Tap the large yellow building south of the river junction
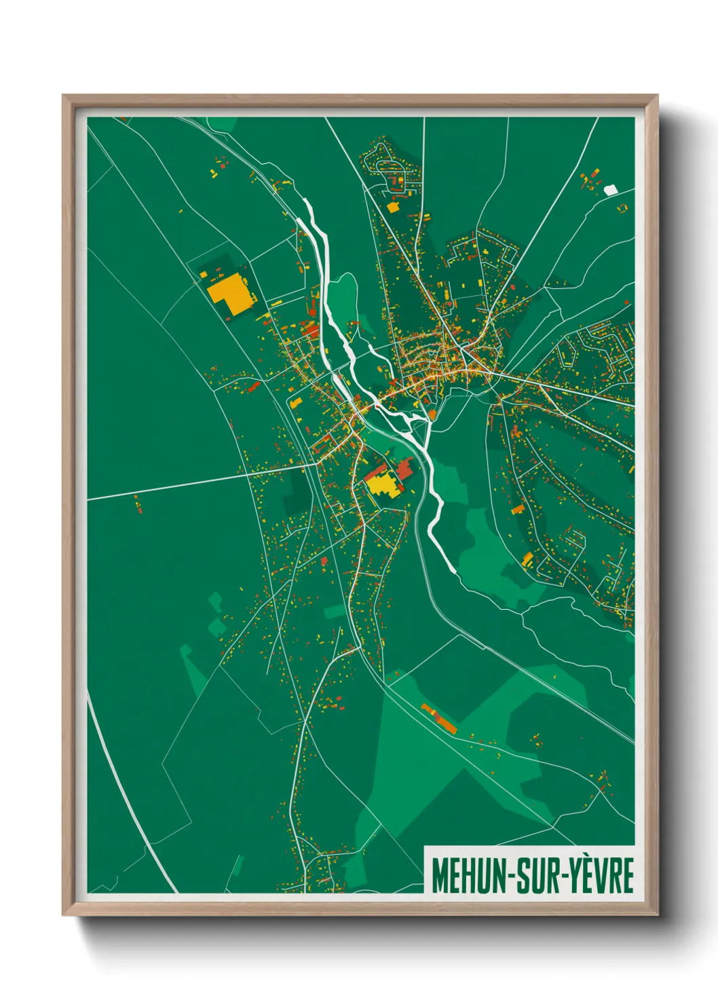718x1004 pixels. (383, 485)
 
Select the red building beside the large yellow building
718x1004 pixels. (405, 468)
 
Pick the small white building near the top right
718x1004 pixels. (611, 190)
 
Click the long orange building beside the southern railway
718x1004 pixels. (439, 718)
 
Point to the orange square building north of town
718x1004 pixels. (392, 206)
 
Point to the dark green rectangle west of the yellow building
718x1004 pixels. (297, 490)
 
